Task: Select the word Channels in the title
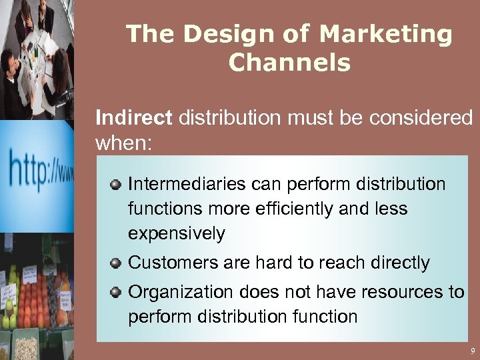coord(289,63)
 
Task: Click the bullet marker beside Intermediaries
coord(116,183)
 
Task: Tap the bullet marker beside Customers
coord(116,263)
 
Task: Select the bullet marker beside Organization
coord(116,291)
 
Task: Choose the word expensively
coord(177,234)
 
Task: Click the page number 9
coord(472,351)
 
